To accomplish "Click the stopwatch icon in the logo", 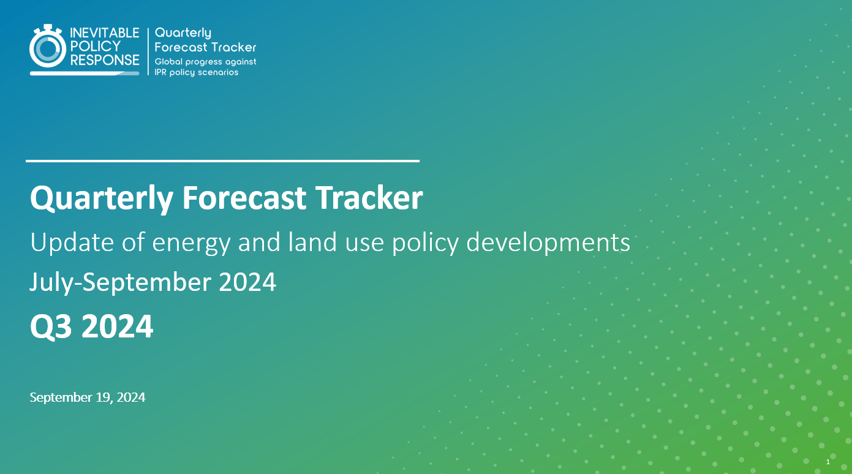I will tap(48, 48).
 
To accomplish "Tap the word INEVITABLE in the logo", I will tap(105, 33).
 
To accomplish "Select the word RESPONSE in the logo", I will tap(105, 60).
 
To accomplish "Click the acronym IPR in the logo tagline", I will tap(162, 72).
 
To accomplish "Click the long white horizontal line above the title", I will tap(222, 161).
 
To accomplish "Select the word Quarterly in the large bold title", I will tap(101, 199).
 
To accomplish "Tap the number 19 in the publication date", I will tap(103, 397).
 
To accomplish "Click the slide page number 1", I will tap(827, 461).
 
